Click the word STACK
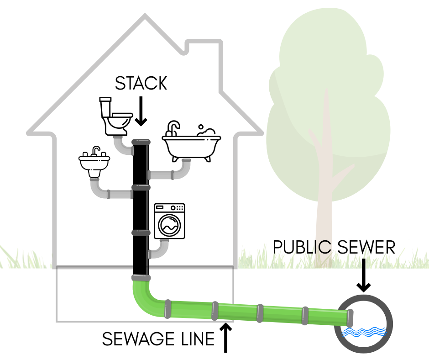141,84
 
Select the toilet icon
116,116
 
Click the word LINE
194,339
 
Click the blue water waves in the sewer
364,332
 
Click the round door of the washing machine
169,225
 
